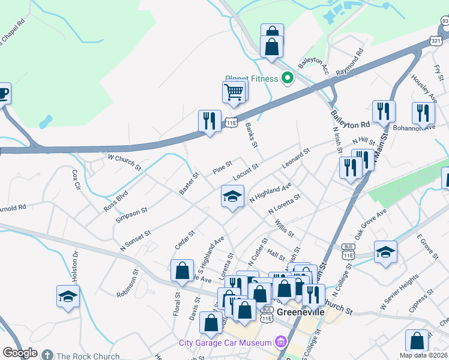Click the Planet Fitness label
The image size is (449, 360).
click(251, 78)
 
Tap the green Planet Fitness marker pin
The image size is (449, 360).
click(288, 78)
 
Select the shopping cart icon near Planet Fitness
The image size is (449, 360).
click(234, 92)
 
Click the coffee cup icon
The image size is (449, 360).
click(2, 94)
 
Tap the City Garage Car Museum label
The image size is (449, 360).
click(225, 343)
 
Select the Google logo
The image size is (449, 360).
click(20, 353)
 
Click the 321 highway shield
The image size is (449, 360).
click(436, 40)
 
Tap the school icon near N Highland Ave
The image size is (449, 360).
click(232, 196)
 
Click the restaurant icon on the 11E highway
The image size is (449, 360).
click(209, 122)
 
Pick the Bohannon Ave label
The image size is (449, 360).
click(413, 127)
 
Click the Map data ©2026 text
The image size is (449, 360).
click(424, 355)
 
